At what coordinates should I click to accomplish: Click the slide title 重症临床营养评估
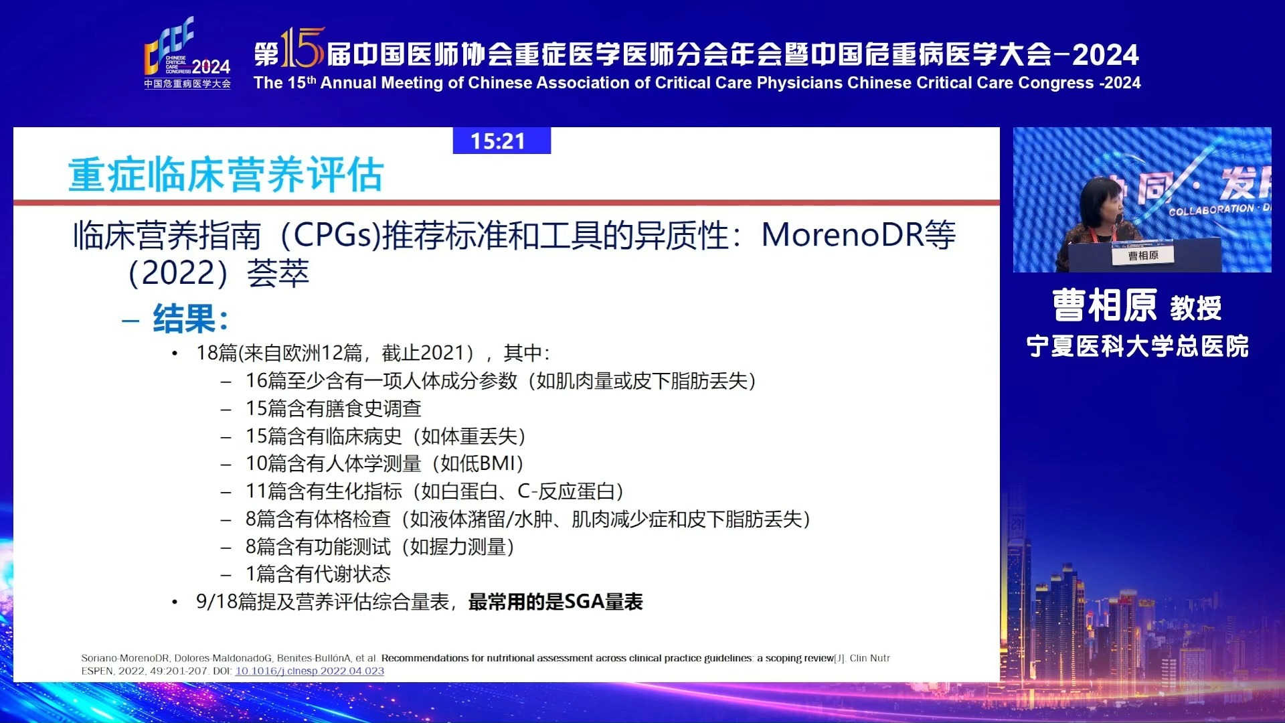[x=226, y=175]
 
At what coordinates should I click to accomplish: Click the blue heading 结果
[x=190, y=319]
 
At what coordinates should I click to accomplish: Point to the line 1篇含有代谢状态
[x=318, y=574]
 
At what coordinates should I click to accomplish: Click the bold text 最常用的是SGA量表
[x=555, y=602]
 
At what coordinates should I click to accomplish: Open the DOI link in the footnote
[x=309, y=671]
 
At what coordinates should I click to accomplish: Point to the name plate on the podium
[x=1142, y=256]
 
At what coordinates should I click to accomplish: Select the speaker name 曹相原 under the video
[x=1104, y=306]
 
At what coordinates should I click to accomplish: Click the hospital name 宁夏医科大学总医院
[x=1137, y=346]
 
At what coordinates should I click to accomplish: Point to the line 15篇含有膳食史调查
[x=333, y=408]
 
